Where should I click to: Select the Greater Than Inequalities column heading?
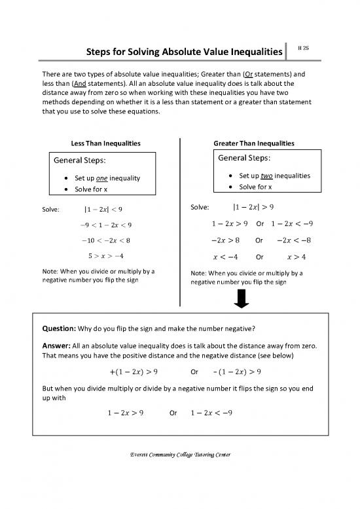(254, 143)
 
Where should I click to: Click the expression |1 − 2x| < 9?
(103, 210)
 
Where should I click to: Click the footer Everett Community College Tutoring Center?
(180, 455)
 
